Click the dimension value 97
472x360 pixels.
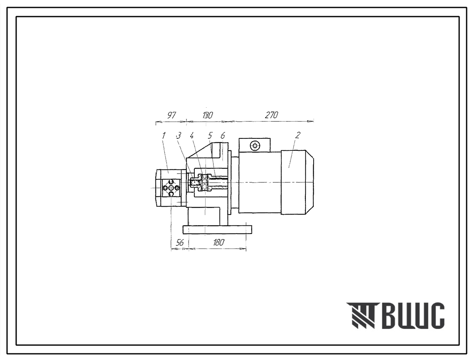click(171, 115)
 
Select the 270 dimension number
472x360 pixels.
click(271, 115)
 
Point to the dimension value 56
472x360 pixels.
click(179, 243)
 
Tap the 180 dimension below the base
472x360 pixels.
click(218, 243)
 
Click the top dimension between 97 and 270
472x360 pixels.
click(208, 115)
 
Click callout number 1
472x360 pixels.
click(163, 136)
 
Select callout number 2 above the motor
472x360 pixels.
click(298, 135)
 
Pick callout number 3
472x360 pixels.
click(179, 136)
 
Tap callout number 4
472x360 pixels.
click(192, 136)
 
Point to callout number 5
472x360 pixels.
click(210, 136)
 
